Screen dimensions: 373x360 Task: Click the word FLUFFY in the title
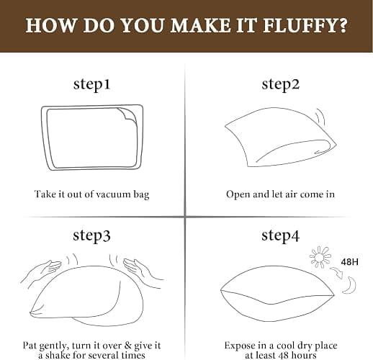pos(299,25)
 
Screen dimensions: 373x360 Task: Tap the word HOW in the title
pos(50,25)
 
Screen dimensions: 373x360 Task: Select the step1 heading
pos(91,84)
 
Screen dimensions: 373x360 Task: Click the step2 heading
pos(281,84)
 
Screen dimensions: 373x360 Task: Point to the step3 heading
pos(91,235)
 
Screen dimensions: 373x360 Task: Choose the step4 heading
pos(281,235)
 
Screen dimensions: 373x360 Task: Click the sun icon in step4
pos(320,257)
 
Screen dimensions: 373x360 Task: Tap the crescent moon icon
pos(350,285)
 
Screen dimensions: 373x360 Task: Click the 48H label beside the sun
pos(349,262)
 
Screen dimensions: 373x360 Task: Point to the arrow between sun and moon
pos(336,273)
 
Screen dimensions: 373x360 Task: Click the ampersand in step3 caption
pos(127,346)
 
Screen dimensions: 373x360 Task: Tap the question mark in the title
pos(341,25)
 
